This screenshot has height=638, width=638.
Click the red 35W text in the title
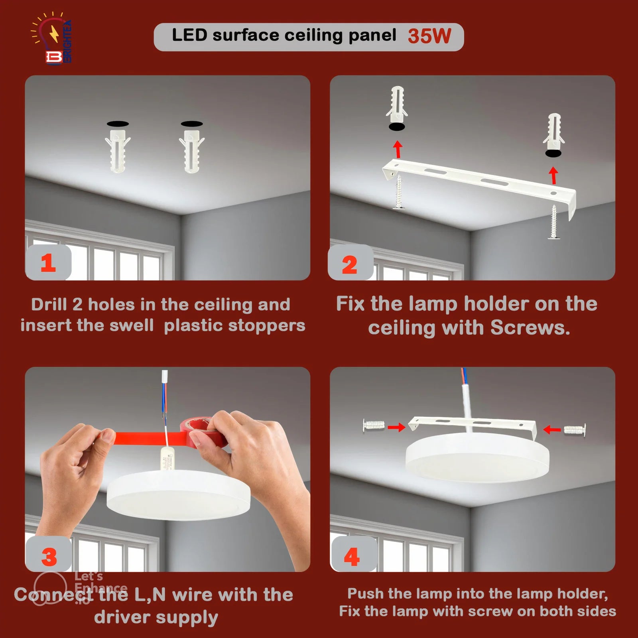coord(429,36)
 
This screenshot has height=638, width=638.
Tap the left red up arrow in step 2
coord(397,149)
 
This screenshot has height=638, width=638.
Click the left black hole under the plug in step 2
coord(397,127)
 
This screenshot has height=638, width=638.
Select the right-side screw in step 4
coord(575,429)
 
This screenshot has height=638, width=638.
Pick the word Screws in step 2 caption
coord(530,328)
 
